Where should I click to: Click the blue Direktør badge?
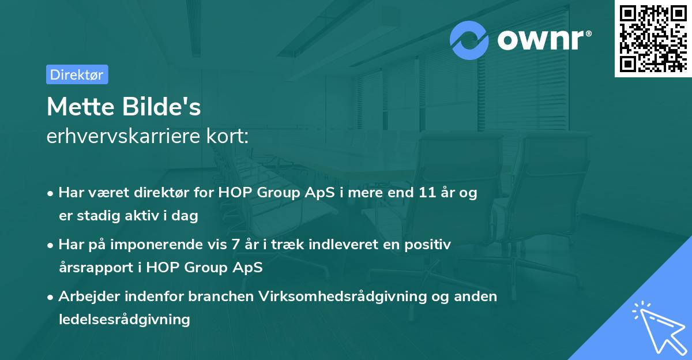click(77, 74)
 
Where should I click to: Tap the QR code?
click(653, 38)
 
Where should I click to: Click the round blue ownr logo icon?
click(469, 40)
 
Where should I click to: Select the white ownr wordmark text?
click(544, 40)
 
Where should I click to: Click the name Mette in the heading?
click(81, 107)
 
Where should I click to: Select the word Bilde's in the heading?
click(161, 107)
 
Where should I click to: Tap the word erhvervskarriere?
click(123, 136)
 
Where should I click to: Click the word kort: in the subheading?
click(227, 136)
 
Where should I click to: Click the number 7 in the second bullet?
click(235, 245)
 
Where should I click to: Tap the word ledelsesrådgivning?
click(125, 320)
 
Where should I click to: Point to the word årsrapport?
click(96, 268)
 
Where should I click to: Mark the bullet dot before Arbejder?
click(50, 298)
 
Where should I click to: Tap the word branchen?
click(221, 297)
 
